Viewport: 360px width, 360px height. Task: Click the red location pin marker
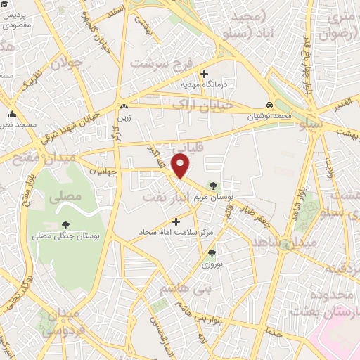point(181,167)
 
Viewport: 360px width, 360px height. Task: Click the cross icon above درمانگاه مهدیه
point(205,74)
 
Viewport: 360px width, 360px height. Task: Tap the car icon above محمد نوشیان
point(270,105)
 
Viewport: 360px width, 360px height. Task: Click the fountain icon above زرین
point(124,106)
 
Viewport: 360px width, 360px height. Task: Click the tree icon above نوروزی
point(212,252)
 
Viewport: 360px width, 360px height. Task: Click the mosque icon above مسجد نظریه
point(11,115)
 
